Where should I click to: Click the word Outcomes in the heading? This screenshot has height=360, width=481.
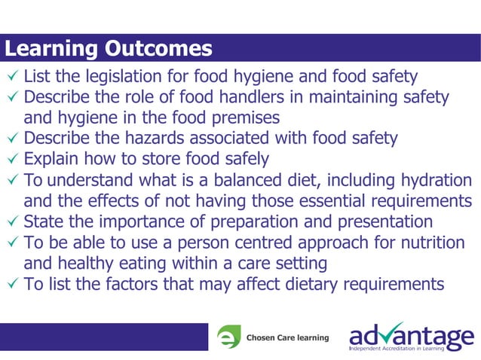(x=158, y=49)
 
